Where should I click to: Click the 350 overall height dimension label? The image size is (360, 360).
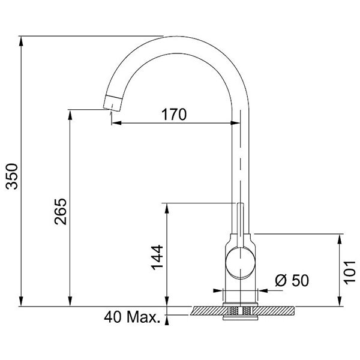point(12,176)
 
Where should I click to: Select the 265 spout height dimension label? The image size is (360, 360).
point(61,211)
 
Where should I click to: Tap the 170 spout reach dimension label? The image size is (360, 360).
point(174,115)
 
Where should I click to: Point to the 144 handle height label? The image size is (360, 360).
point(157,257)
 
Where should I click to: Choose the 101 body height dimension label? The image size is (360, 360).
point(349,272)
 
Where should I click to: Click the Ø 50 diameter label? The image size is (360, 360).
point(292,280)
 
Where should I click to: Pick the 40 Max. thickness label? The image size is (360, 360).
point(132,317)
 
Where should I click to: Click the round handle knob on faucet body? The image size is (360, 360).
point(240,263)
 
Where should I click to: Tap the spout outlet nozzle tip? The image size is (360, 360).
point(113,103)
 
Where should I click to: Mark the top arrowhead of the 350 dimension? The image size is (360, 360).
point(21,41)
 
